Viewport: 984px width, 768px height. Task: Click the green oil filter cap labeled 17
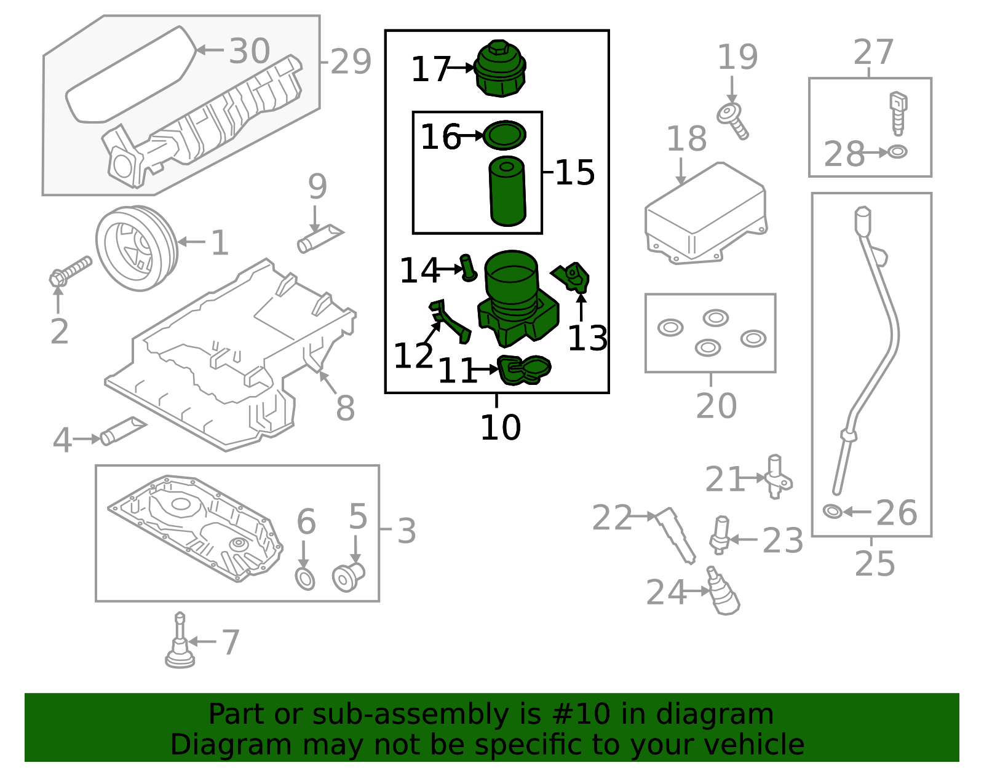(x=501, y=69)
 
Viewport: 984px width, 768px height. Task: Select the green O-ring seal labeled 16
(x=504, y=135)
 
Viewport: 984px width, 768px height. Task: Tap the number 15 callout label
(x=574, y=173)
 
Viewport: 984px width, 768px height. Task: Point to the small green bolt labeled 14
(x=468, y=268)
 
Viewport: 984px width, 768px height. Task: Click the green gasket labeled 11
(x=523, y=370)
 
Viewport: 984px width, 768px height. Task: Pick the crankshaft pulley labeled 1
(x=137, y=248)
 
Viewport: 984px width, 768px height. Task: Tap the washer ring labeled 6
(x=305, y=579)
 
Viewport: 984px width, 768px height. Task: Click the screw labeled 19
(x=733, y=120)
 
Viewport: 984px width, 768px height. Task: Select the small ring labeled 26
(x=832, y=511)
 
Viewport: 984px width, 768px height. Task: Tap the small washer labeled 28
(x=897, y=151)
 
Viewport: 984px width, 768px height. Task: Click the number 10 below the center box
(x=500, y=427)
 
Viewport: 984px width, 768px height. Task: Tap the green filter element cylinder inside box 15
(x=507, y=192)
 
